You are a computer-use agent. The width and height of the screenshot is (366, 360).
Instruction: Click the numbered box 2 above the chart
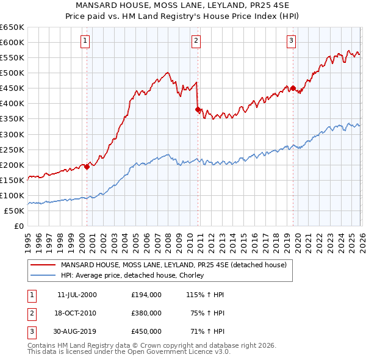pyautogui.click(x=196, y=41)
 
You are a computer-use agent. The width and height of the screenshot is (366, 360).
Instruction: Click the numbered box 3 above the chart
pyautogui.click(x=292, y=41)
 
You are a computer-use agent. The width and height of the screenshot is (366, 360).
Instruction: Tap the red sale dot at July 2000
pyautogui.click(x=87, y=167)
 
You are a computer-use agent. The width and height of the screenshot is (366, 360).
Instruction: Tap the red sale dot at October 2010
pyautogui.click(x=198, y=109)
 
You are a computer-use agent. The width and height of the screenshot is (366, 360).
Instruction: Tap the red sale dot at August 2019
pyautogui.click(x=293, y=88)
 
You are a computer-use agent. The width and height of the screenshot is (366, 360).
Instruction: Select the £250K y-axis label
pyautogui.click(x=12, y=149)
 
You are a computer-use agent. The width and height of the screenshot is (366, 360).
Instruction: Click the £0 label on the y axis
pyautogui.click(x=19, y=226)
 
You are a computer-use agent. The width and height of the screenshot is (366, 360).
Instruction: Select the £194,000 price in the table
pyautogui.click(x=146, y=295)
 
